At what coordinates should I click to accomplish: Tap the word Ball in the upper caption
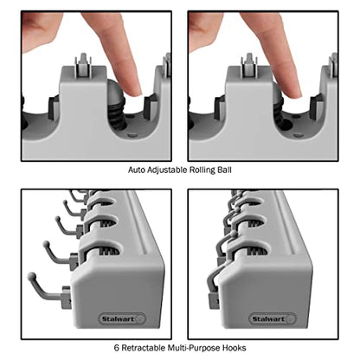point(224,170)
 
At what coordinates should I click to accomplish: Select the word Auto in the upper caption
point(137,170)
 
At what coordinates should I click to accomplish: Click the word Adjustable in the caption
point(167,170)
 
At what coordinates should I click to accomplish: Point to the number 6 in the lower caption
point(117,348)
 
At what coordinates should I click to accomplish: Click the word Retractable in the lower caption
point(144,348)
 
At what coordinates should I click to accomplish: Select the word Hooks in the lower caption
point(234,348)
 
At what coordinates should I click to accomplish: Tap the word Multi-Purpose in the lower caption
point(194,348)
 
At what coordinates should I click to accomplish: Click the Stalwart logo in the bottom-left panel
point(122,319)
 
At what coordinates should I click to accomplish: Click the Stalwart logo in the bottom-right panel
point(273,319)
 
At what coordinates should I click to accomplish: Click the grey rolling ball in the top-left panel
point(114,90)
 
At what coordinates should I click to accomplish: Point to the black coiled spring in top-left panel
point(118,113)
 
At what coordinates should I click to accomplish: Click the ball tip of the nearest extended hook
point(32,276)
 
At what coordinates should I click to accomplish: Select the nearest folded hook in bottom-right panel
point(215,281)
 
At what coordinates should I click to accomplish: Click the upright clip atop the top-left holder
point(83,66)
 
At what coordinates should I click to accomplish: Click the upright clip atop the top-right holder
point(249,66)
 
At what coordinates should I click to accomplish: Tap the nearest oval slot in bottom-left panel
point(106,249)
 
